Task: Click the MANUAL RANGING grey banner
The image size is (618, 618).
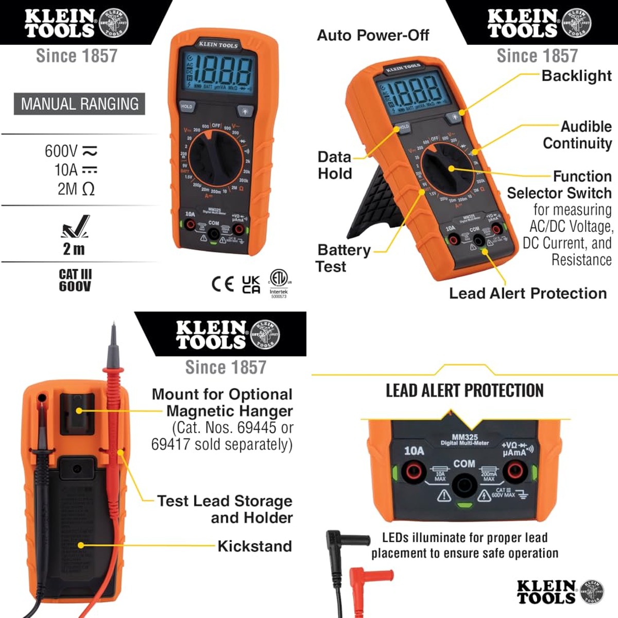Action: coord(79,104)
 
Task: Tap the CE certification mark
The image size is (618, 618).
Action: coord(222,284)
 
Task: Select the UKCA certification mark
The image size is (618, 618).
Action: coord(251,284)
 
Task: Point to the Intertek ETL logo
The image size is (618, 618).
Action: coord(279,282)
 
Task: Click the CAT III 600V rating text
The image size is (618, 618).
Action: coord(75,280)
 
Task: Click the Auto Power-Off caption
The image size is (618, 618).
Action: coord(373,36)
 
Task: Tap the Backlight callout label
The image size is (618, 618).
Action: coord(576,76)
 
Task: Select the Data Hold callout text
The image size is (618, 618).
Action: coord(335,165)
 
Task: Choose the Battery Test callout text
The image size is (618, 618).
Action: coord(343,258)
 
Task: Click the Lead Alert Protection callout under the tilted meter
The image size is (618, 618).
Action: coord(528,294)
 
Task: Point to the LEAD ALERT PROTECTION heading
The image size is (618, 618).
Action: coord(465,391)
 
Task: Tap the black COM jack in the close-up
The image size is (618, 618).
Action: coord(464,485)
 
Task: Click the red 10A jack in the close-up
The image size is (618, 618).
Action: coord(413,470)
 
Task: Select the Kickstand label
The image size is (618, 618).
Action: coord(254,546)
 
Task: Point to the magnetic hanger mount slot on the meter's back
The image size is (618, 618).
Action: coord(77,412)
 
